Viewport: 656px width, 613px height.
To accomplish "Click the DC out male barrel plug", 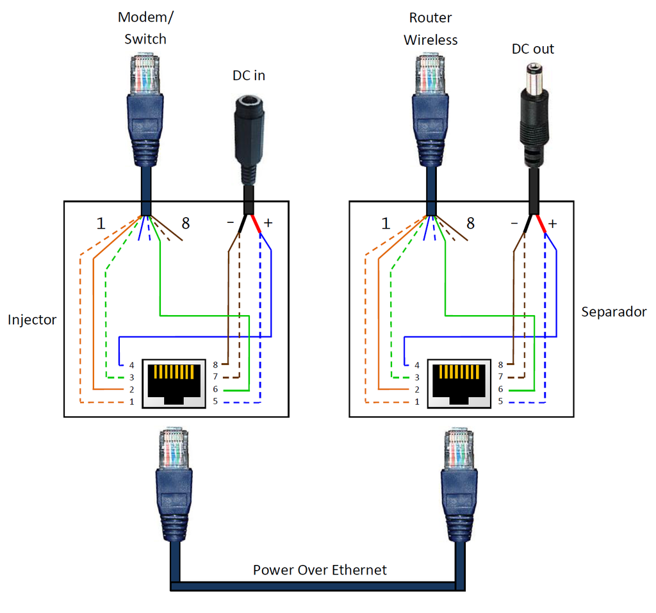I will coord(534,109).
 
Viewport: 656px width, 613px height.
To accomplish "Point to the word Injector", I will coord(32,320).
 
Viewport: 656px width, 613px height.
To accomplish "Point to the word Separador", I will coord(614,312).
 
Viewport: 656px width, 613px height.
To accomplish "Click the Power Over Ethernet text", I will coord(320,569).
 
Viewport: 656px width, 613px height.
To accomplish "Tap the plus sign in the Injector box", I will coord(268,223).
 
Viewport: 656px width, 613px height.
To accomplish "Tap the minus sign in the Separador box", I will coord(514,224).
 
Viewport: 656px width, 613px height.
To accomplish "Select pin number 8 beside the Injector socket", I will coord(215,364).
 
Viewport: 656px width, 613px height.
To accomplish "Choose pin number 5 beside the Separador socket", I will coord(500,402).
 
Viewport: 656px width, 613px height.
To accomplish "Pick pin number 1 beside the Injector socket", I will coord(131,402).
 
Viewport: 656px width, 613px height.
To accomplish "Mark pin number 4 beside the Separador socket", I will coord(416,364).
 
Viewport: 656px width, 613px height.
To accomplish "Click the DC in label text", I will coord(249,76).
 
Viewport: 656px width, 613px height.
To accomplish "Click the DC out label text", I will coord(533,49).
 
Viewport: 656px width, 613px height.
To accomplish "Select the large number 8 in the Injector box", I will coord(186,224).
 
